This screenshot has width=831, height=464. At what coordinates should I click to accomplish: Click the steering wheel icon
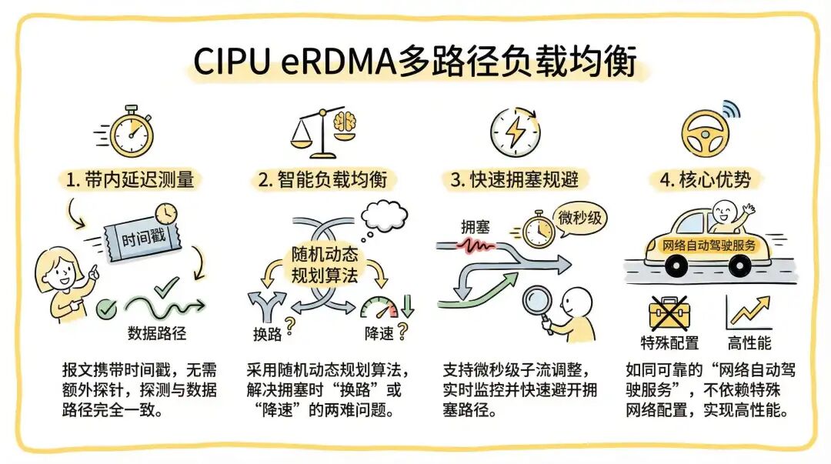pos(703,133)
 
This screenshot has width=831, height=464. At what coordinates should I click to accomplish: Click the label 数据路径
pos(157,333)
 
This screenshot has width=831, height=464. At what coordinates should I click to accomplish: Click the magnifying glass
pos(531,301)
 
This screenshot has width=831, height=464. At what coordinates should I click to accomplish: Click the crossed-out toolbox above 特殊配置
pos(666,312)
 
